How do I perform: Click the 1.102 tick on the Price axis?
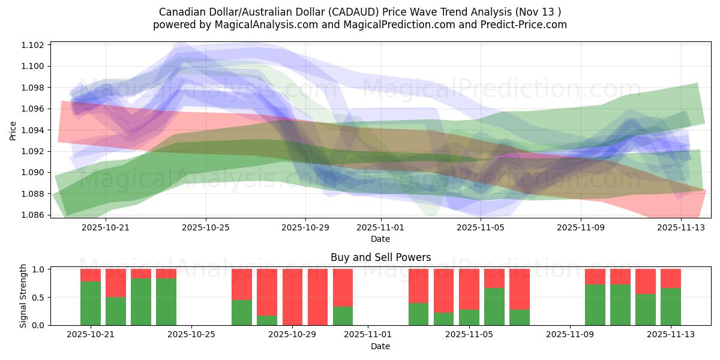pyautogui.click(x=34, y=45)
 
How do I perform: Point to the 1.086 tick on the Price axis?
pyautogui.click(x=34, y=215)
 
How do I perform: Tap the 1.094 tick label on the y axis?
pyautogui.click(x=34, y=130)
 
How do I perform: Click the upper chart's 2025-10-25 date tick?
pyautogui.click(x=205, y=227)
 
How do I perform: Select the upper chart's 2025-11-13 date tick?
pyautogui.click(x=680, y=227)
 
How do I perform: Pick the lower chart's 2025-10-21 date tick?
pyautogui.click(x=90, y=335)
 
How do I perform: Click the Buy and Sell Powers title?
pyautogui.click(x=380, y=257)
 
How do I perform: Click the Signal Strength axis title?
pyautogui.click(x=23, y=296)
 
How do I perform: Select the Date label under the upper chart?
pyautogui.click(x=380, y=239)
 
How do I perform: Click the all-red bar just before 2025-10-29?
pyautogui.click(x=292, y=297)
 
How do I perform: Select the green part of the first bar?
pyautogui.click(x=91, y=304)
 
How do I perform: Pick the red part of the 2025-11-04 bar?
pyautogui.click(x=444, y=290)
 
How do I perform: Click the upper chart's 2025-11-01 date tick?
pyautogui.click(x=380, y=227)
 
